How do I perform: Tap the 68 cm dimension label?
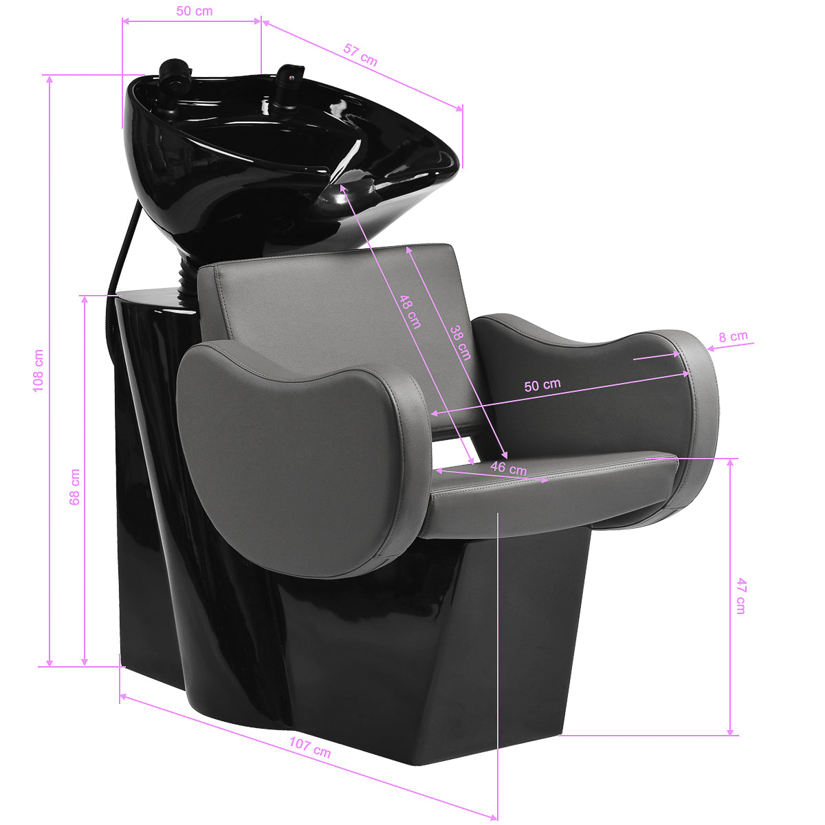click(75, 487)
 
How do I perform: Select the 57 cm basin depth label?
click(360, 54)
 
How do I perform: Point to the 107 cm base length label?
click(309, 747)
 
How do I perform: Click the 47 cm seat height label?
click(740, 595)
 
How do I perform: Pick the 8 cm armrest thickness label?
click(733, 337)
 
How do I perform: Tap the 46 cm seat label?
click(509, 469)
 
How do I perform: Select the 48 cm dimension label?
click(410, 311)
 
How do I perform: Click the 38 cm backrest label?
click(461, 342)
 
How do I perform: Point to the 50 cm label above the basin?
click(194, 11)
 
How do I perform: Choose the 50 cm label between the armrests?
click(542, 385)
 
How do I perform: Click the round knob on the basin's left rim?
click(173, 73)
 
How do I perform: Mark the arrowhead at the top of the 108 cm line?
click(49, 78)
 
